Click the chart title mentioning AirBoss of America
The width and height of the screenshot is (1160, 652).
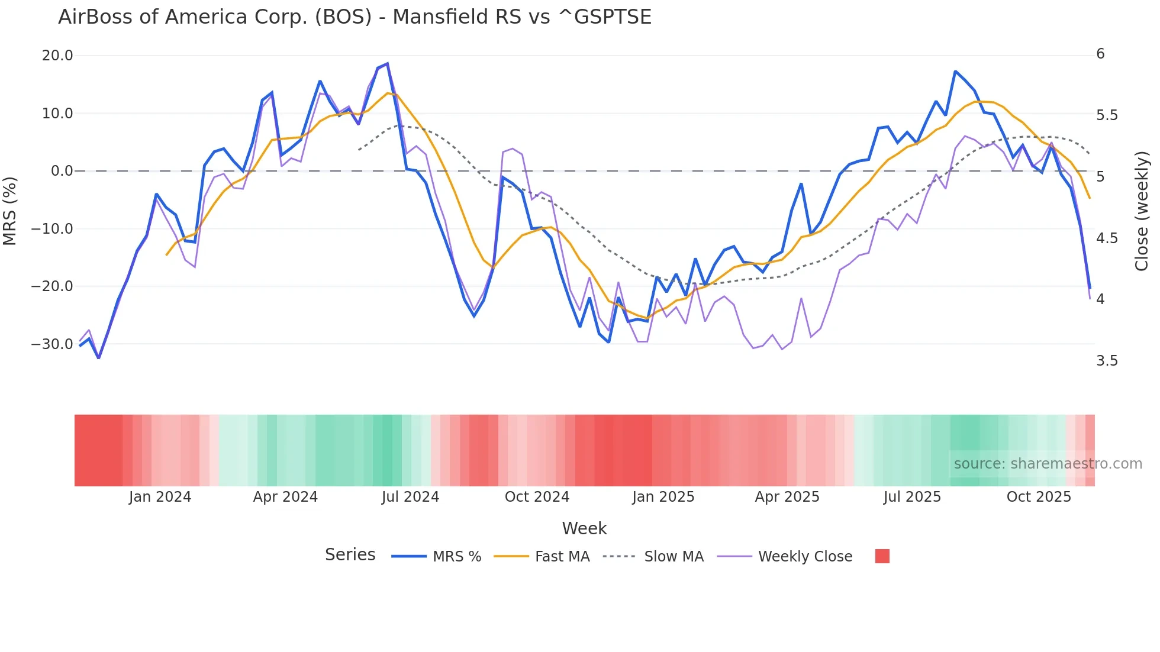click(355, 17)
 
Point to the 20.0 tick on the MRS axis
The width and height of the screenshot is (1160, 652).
click(57, 56)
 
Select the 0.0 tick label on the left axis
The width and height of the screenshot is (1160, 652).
click(62, 171)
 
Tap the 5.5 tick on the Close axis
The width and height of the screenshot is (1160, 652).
click(1107, 115)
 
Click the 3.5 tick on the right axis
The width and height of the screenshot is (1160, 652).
click(1107, 361)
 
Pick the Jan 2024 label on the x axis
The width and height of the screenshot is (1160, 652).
click(160, 497)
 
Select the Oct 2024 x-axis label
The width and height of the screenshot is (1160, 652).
click(537, 497)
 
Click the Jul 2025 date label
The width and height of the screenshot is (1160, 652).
click(912, 497)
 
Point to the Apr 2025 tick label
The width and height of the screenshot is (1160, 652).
click(787, 497)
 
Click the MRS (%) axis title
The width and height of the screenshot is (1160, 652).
click(10, 211)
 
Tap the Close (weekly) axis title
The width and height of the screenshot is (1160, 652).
click(1142, 211)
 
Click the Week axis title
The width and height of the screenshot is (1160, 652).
click(584, 528)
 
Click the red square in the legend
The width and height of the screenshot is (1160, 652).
click(882, 556)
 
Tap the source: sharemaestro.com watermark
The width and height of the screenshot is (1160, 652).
click(1048, 464)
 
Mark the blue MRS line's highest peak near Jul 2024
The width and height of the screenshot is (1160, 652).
click(387, 63)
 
